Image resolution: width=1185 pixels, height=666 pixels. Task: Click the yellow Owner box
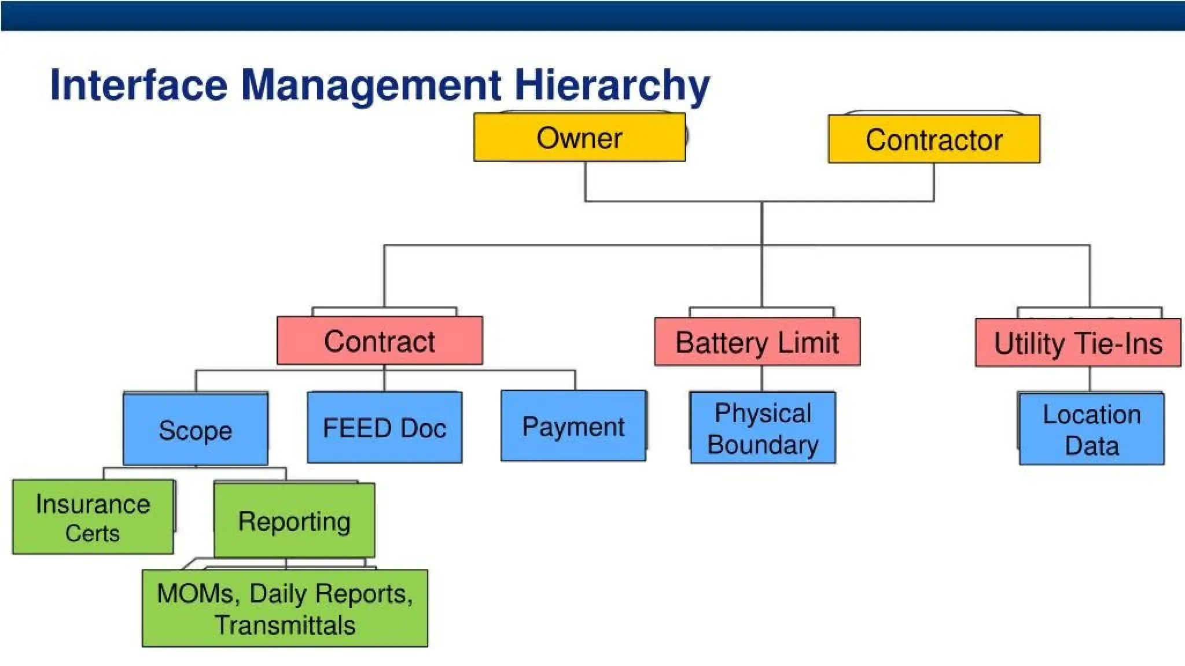point(579,138)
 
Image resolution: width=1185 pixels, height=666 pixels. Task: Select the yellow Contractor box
point(934,139)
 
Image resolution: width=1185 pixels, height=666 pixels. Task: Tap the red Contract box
point(380,341)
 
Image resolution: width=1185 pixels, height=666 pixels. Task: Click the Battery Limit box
point(757,342)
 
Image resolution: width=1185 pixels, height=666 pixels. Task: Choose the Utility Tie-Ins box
point(1077,343)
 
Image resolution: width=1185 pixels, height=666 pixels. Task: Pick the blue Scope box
point(196,430)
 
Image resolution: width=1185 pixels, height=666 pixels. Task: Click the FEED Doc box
point(384,428)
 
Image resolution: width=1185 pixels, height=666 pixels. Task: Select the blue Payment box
point(573,426)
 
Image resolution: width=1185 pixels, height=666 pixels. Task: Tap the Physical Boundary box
point(763,428)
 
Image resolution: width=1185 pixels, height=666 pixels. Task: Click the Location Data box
point(1091,430)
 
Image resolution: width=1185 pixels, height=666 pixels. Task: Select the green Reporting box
point(294,521)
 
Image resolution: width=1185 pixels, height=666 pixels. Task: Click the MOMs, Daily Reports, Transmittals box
point(285,608)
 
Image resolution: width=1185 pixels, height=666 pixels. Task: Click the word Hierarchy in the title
point(612,85)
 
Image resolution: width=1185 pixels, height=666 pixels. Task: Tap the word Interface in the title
point(139,85)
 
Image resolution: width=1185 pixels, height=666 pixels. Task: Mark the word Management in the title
point(371,85)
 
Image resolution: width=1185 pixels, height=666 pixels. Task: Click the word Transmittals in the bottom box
point(285,625)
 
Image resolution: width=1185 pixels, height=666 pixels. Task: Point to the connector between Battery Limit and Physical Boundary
point(761,379)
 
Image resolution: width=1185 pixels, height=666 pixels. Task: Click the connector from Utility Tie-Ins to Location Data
point(1090,380)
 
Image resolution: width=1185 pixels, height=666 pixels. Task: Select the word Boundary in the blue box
point(763,445)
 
